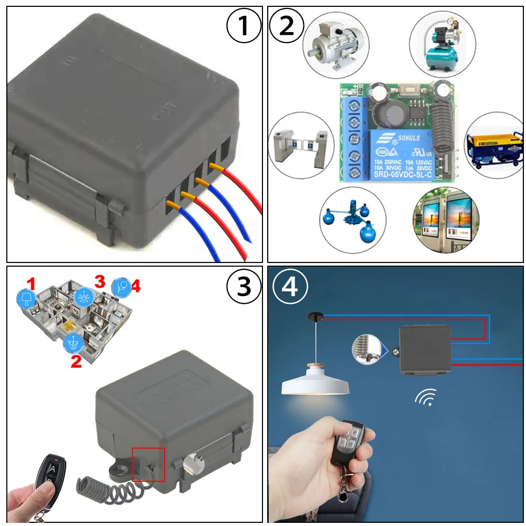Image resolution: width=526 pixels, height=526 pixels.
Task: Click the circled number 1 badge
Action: (x=243, y=26)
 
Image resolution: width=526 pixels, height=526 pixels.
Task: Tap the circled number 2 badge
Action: (x=287, y=26)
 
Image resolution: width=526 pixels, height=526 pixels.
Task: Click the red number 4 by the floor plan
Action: (x=135, y=287)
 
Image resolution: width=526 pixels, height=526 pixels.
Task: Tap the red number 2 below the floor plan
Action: (x=76, y=361)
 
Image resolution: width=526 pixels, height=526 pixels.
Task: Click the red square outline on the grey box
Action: (x=148, y=464)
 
